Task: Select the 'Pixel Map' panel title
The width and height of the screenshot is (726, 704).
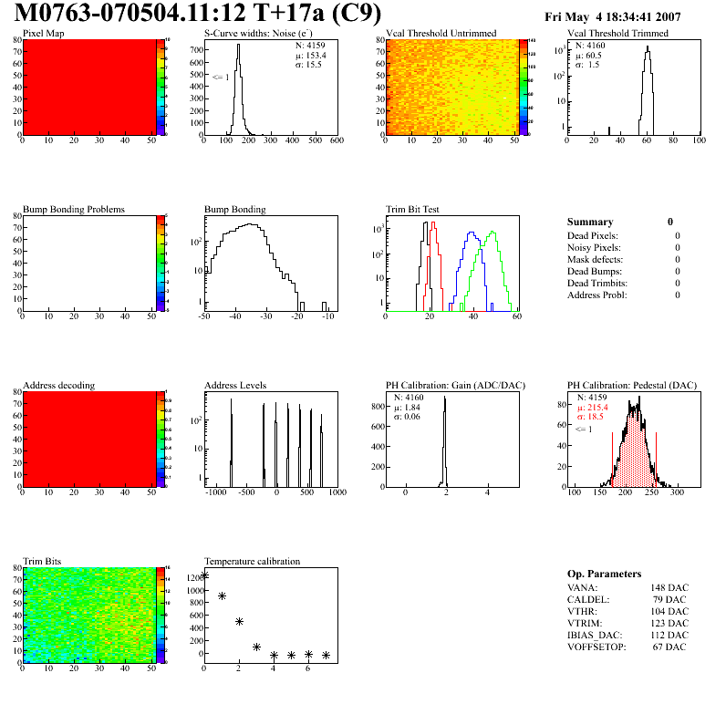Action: click(43, 34)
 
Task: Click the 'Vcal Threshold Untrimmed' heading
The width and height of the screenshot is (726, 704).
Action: click(441, 34)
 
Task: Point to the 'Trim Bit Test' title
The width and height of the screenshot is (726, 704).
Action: click(413, 210)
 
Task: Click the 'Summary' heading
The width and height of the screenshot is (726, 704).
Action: click(590, 222)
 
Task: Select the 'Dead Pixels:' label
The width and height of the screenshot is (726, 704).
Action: click(593, 236)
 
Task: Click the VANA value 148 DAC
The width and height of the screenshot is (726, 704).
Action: click(669, 587)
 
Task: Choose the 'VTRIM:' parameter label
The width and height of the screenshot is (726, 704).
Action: click(584, 623)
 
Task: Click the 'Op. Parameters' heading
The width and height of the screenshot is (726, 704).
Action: click(604, 574)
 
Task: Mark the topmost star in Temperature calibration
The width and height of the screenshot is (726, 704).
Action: click(204, 575)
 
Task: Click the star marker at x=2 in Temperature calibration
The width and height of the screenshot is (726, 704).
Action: click(239, 621)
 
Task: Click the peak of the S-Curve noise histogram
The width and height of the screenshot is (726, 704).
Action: click(238, 47)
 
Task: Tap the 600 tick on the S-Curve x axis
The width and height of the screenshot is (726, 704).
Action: click(337, 141)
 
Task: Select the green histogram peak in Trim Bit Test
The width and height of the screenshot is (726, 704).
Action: click(492, 233)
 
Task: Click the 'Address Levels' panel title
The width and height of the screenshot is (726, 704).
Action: click(235, 386)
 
